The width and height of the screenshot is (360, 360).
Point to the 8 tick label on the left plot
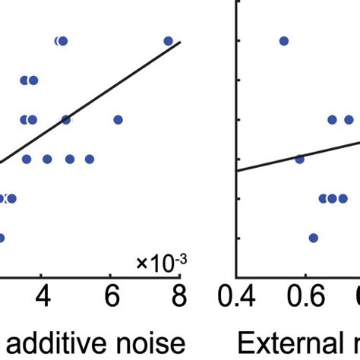click(179, 294)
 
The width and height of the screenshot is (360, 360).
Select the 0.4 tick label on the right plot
click(238, 295)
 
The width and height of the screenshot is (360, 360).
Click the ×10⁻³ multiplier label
click(161, 263)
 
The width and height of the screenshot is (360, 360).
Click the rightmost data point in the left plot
click(168, 41)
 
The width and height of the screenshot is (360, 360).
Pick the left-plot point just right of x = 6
click(118, 119)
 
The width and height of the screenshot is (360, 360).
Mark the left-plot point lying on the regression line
click(66, 119)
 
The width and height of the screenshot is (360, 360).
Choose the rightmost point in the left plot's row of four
click(90, 159)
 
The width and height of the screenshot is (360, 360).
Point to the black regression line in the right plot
click(266, 165)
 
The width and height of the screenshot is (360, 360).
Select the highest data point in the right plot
click(283, 41)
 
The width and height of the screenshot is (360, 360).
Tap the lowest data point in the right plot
click(313, 238)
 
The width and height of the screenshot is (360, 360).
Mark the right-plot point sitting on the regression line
click(299, 159)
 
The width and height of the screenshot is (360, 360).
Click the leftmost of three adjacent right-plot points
click(323, 198)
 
